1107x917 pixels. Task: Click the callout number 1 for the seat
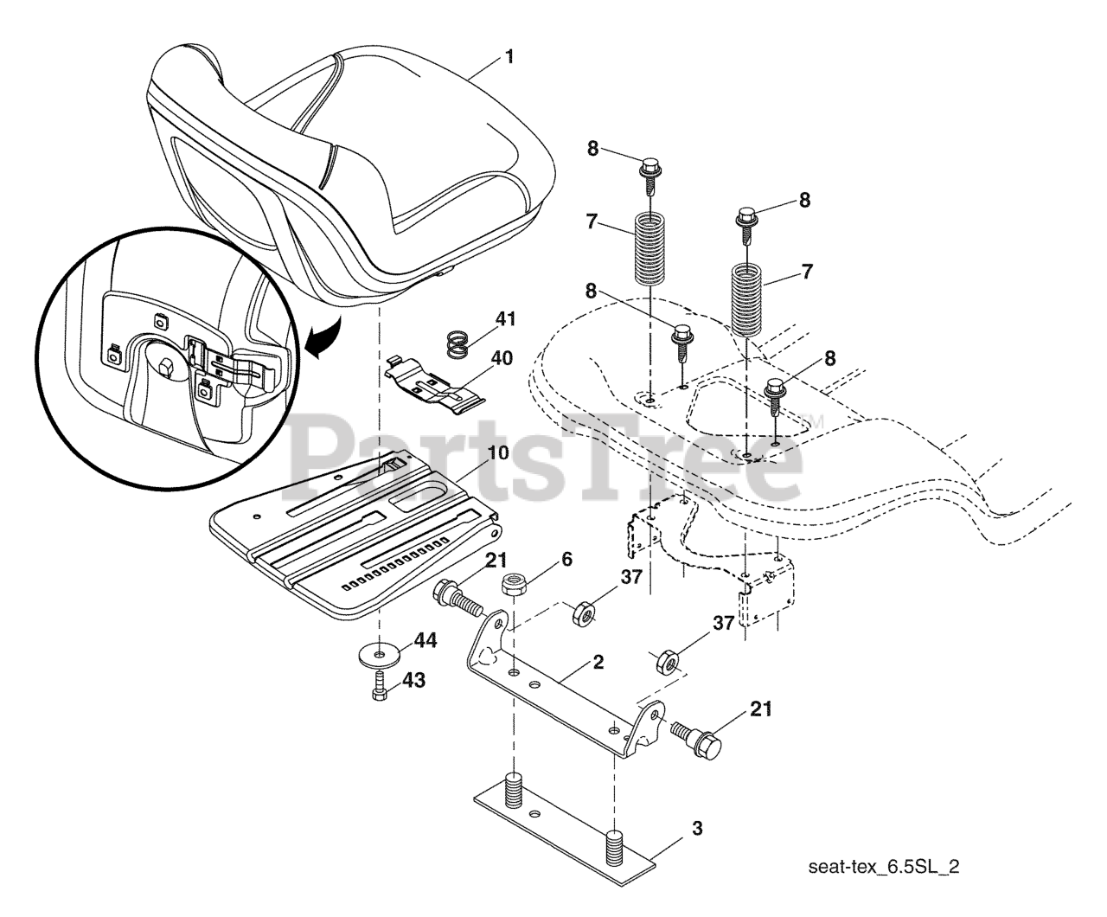click(x=509, y=57)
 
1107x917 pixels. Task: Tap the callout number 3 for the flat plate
click(x=697, y=829)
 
